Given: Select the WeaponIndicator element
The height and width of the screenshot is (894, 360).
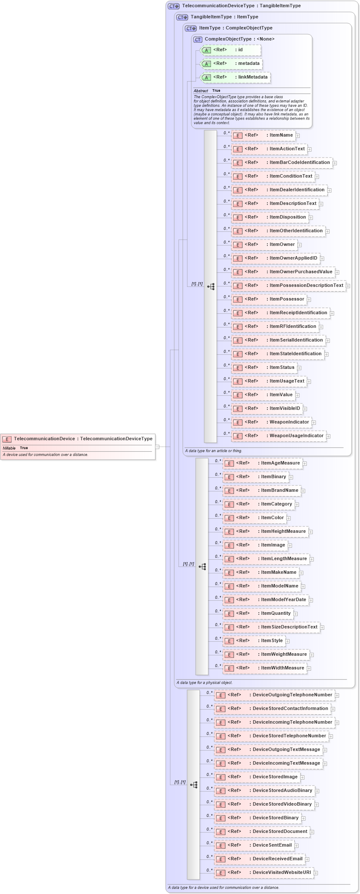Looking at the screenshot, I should tap(271, 422).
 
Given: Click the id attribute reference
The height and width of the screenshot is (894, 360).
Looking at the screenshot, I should tap(231, 50).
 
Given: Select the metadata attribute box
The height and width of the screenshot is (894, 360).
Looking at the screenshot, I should tap(231, 64).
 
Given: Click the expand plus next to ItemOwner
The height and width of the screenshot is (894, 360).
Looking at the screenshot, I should tap(300, 245).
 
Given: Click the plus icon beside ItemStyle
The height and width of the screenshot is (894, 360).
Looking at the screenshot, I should tap(287, 641).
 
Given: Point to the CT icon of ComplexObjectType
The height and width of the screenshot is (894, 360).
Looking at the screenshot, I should tap(198, 39).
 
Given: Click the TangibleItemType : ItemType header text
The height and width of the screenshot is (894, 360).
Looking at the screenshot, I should tap(224, 17).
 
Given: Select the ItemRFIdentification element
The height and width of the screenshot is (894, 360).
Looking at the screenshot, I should tap(275, 327).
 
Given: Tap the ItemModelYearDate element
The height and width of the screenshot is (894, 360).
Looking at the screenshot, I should tap(266, 600).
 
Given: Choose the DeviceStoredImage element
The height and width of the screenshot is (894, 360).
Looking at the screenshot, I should tap(257, 777).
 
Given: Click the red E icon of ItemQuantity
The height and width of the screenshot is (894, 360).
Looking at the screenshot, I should tap(229, 614).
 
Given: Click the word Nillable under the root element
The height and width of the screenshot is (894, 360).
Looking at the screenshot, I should tap(9, 448).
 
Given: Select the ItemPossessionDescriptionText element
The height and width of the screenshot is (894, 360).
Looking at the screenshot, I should tap(289, 286).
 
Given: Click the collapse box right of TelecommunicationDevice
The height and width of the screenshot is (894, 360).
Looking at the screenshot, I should tap(157, 447).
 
